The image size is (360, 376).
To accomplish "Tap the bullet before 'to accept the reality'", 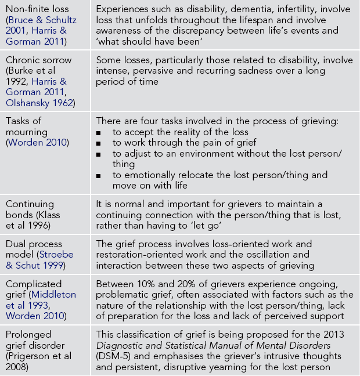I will coord(100,132).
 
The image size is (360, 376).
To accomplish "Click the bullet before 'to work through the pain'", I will coord(100,143).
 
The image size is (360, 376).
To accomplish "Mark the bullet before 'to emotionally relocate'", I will coord(100,175).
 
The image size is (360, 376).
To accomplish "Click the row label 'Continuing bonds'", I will coord(30,209).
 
